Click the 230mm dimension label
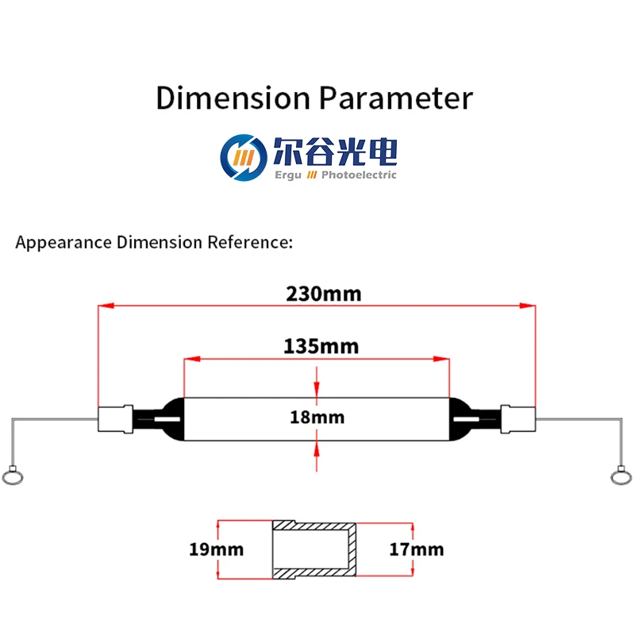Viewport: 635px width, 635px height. (323, 294)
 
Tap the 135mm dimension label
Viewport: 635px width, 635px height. (321, 347)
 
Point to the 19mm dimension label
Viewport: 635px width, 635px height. (217, 548)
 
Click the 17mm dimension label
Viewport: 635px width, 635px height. (417, 548)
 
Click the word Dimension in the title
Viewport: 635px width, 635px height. (233, 98)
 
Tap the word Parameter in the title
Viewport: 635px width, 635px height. (395, 98)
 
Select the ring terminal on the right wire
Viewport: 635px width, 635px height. (621, 476)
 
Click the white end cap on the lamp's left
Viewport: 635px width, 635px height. (115, 419)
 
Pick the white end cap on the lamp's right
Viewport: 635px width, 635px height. (518, 419)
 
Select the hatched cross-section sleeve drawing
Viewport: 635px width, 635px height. (314, 548)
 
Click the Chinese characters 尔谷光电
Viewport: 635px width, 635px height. (334, 152)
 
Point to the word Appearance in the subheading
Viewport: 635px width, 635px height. (63, 242)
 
